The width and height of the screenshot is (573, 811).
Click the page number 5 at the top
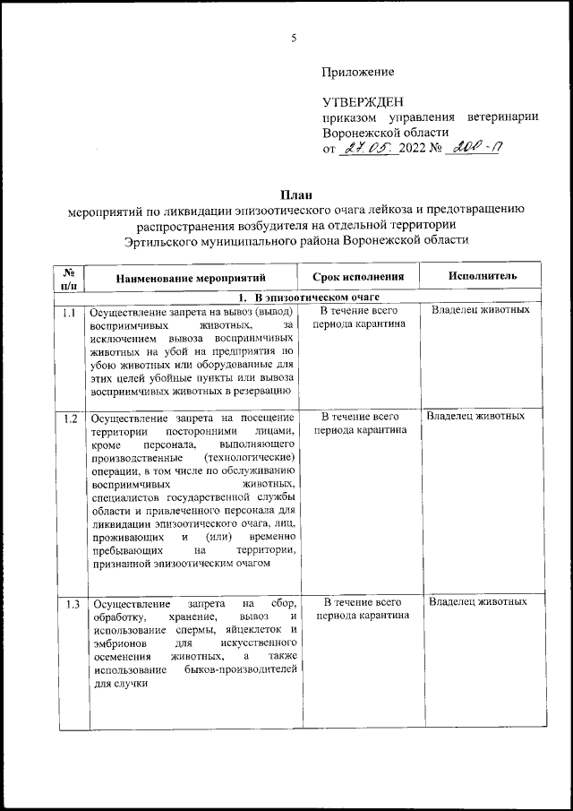coord(294,38)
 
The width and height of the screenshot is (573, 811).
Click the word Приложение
coord(358,71)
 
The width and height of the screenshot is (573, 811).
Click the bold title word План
coord(295,194)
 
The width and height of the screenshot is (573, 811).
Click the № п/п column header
coord(69,277)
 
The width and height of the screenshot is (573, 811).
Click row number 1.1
coord(69,312)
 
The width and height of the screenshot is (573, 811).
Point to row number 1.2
coord(69,418)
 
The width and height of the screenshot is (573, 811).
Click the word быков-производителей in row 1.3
coord(242,670)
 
